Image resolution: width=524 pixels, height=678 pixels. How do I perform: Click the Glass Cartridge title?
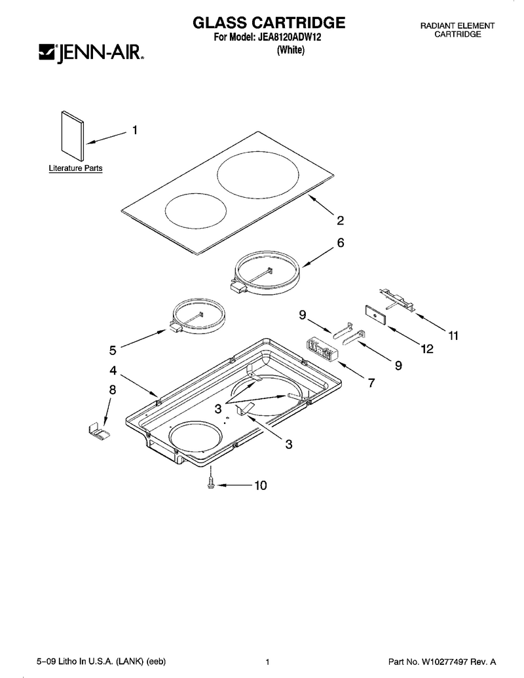(x=269, y=22)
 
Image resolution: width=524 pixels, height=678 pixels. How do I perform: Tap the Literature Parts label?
(x=76, y=168)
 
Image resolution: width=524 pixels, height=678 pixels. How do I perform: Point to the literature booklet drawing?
(x=73, y=136)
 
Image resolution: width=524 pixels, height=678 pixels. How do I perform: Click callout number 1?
(x=135, y=130)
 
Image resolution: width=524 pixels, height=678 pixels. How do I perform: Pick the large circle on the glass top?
(x=258, y=175)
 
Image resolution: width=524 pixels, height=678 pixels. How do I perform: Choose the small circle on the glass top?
(x=196, y=210)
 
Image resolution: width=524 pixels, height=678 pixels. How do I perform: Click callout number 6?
(x=341, y=242)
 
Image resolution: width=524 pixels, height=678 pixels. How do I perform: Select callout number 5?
(x=113, y=350)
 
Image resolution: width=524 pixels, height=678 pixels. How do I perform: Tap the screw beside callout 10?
(x=210, y=484)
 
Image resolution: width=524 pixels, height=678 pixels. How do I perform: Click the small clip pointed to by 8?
(x=99, y=431)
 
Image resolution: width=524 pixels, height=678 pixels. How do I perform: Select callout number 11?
(x=453, y=335)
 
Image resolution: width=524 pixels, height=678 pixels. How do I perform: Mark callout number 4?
(x=113, y=370)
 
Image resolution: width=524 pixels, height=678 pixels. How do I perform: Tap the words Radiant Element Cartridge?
(x=457, y=30)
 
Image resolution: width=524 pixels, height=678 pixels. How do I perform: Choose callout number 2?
(x=340, y=221)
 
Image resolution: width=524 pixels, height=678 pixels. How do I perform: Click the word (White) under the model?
(x=290, y=50)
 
